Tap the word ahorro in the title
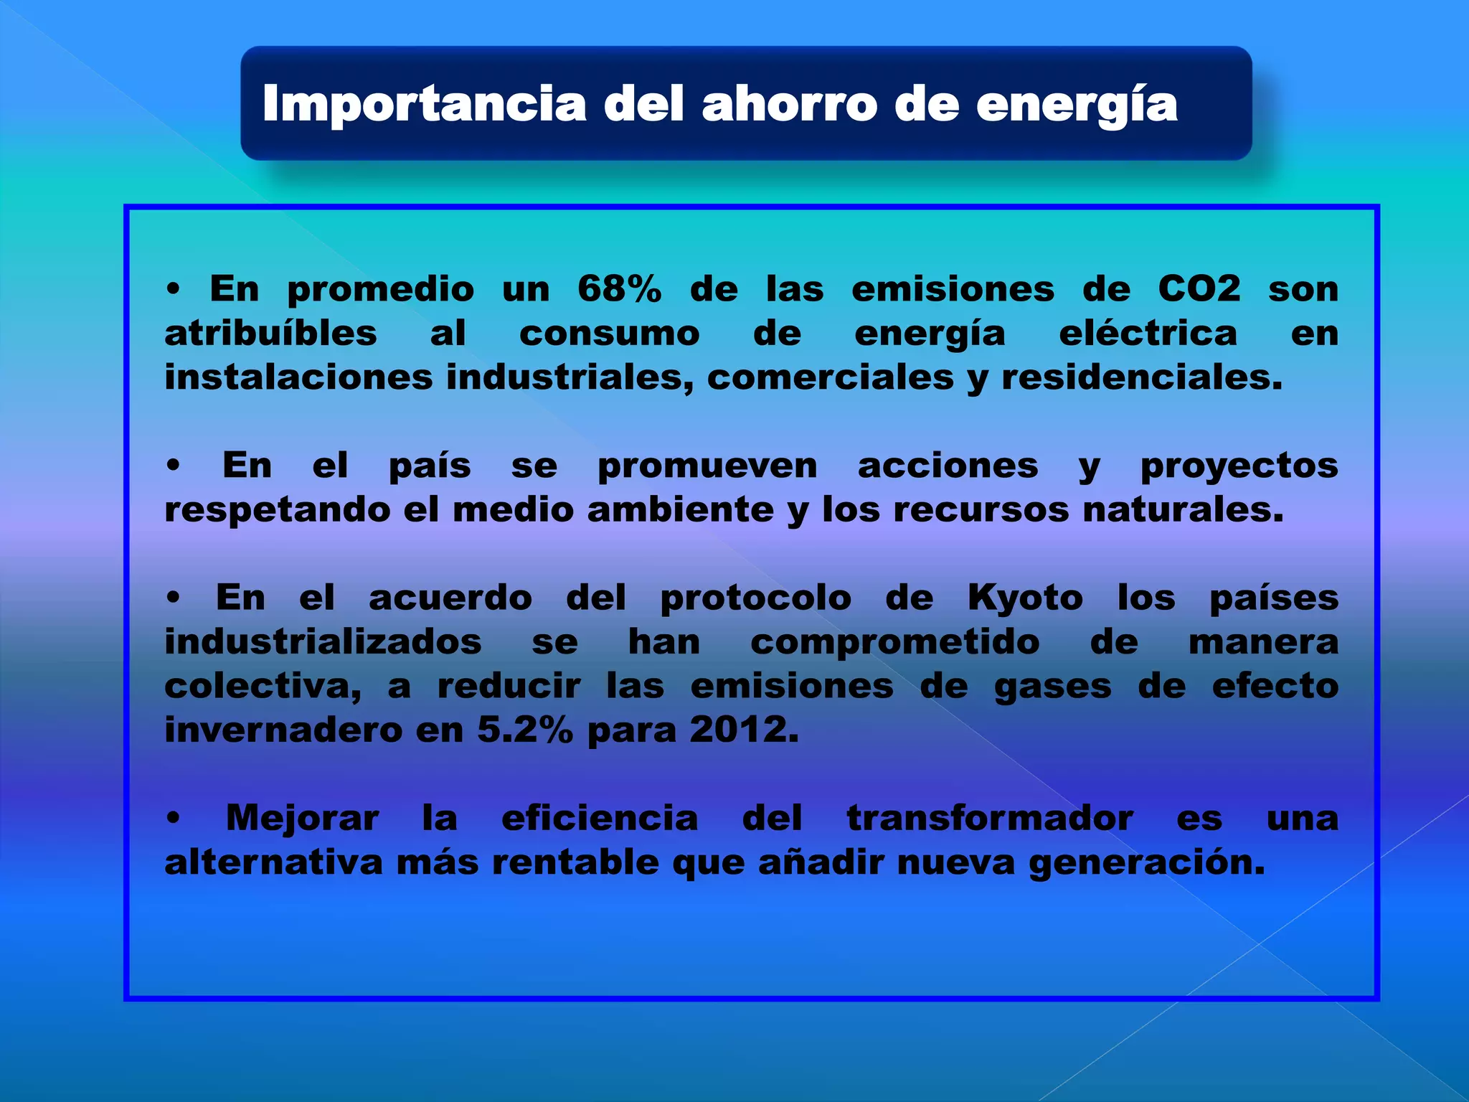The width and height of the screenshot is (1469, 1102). [x=789, y=105]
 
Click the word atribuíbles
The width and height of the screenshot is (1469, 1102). [x=270, y=334]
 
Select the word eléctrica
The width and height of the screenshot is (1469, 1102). [x=1148, y=334]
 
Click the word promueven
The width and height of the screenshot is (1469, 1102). [x=707, y=467]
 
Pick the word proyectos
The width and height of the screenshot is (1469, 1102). [x=1239, y=467]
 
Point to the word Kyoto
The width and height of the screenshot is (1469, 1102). [x=1025, y=598]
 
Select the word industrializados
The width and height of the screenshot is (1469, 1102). [x=323, y=642]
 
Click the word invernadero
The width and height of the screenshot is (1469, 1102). [x=284, y=731]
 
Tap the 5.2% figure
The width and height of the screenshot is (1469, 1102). [x=525, y=731]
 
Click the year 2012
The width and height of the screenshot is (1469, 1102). [x=743, y=731]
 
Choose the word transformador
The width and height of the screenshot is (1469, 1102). [x=990, y=819]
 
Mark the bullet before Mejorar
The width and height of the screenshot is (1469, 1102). [x=173, y=819]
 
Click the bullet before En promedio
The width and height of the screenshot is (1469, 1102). [x=173, y=290]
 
